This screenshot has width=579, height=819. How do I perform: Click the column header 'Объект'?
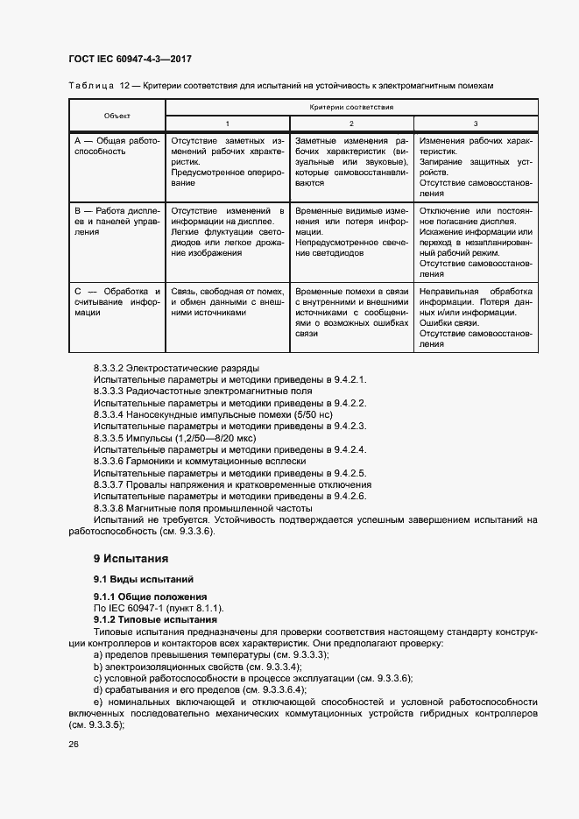[x=117, y=116]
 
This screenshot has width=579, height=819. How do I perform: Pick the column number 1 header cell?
[x=228, y=124]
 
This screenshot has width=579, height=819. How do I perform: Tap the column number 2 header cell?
[x=351, y=124]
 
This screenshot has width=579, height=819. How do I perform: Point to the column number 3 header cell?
[x=476, y=124]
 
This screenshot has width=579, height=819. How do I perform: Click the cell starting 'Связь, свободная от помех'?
[x=228, y=301]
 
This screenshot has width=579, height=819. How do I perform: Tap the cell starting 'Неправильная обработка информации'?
[x=476, y=317]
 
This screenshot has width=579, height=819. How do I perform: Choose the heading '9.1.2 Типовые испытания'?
[x=150, y=619]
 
